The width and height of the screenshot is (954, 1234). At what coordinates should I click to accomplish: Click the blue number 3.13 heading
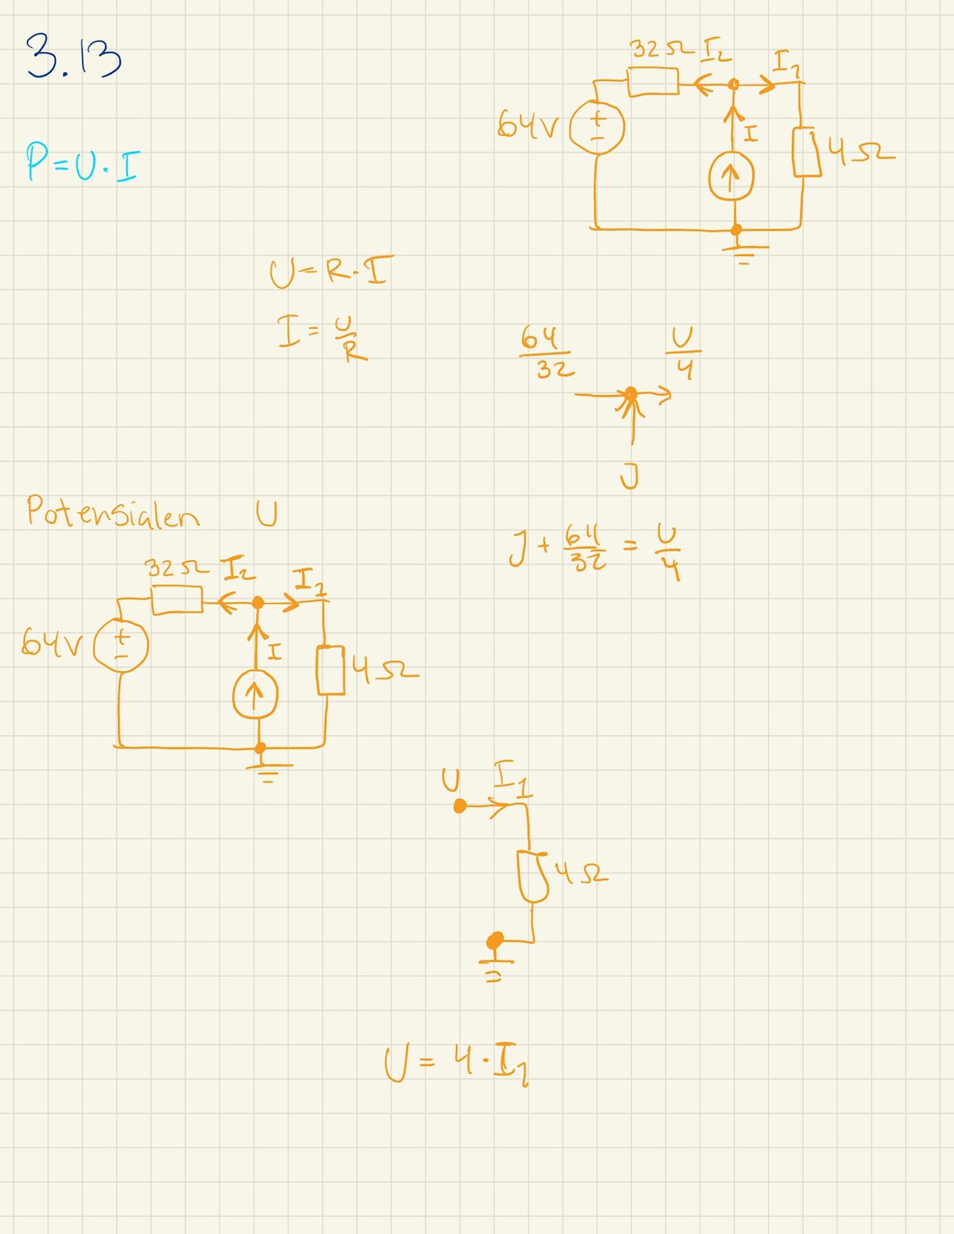pos(73,57)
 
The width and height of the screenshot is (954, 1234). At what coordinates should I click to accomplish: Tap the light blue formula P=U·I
pos(82,161)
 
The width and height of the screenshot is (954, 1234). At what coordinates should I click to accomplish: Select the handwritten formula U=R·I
pos(330,272)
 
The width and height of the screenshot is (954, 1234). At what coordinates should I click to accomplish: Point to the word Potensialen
pos(113,512)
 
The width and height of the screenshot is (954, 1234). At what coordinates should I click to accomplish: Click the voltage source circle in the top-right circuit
pos(597,128)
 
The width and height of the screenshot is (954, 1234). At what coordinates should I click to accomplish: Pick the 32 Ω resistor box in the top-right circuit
pos(653,82)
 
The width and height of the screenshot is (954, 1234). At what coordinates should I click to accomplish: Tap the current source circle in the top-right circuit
pos(731,177)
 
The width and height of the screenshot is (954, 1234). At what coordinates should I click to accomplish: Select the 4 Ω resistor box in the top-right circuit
pos(807,152)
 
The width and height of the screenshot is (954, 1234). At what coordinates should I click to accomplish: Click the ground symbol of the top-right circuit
pos(743,253)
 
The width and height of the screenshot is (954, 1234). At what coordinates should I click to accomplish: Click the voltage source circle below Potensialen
pos(121,646)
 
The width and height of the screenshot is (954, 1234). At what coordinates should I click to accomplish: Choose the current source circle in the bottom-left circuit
pos(255,695)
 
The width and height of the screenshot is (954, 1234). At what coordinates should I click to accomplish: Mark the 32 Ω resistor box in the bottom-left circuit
pos(177,600)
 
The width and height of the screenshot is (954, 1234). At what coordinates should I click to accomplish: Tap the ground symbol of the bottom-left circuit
pos(267,771)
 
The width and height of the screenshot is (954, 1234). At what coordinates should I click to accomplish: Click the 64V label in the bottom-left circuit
pos(51,642)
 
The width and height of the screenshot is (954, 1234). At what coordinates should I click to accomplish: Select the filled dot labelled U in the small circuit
pos(460,807)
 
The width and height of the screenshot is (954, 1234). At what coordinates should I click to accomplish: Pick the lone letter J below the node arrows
pos(629,477)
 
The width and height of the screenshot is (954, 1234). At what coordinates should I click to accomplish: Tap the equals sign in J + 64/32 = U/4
pos(630,547)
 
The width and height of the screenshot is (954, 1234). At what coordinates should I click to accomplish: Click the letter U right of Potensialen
pos(267,514)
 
